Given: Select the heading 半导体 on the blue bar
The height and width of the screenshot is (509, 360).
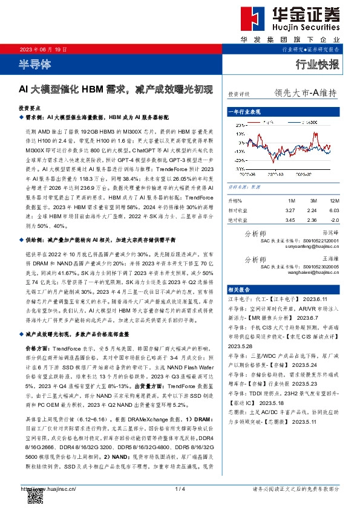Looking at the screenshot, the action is coord(36,63).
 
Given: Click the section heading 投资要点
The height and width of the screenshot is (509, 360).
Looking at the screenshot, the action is coord(31,106).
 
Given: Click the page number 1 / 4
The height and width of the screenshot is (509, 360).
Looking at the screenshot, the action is coord(179,489).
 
